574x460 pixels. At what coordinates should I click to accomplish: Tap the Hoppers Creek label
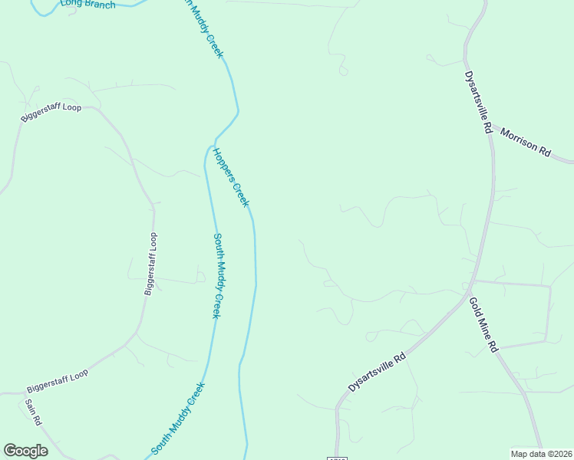(x=232, y=177)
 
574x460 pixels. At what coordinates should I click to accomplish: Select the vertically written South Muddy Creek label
(x=217, y=276)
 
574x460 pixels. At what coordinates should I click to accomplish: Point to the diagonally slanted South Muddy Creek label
(x=178, y=418)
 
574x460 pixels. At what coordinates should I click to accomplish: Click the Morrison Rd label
(x=526, y=143)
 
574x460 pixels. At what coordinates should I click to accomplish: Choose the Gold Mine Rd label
(x=483, y=324)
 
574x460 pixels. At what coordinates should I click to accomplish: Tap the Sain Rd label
(x=33, y=412)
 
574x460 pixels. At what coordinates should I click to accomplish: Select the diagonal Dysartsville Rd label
(x=376, y=373)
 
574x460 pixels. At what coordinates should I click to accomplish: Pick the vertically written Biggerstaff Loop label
(x=150, y=263)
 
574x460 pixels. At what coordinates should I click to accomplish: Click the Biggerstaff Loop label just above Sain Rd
(x=58, y=379)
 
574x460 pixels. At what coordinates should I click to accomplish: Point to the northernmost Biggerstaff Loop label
(x=51, y=113)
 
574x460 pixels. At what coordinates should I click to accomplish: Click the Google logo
(x=25, y=451)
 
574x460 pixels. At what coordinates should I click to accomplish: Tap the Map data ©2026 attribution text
(x=541, y=453)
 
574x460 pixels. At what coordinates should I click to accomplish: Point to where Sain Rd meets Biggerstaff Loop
(x=23, y=393)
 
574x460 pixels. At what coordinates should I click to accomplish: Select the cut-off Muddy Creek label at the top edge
(x=203, y=27)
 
